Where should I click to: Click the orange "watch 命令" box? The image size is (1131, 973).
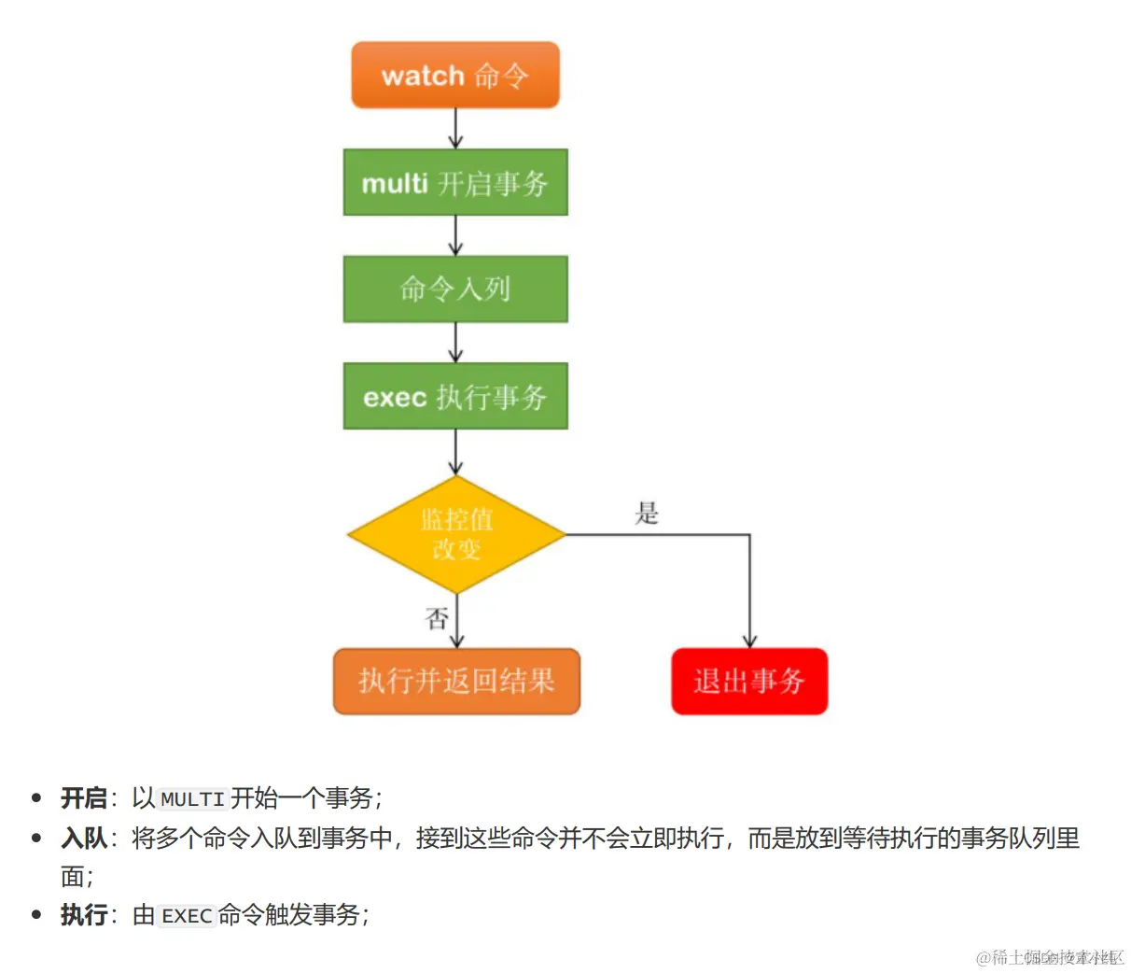455,75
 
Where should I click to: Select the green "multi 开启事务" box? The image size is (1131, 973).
455,182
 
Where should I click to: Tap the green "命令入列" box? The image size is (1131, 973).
455,289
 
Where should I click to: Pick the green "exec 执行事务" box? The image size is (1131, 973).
455,396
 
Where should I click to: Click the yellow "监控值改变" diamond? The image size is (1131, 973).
456,534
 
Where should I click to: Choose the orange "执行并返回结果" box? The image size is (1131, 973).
456,681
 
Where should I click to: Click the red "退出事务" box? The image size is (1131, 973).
749,681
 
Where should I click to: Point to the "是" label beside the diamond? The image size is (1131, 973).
647,513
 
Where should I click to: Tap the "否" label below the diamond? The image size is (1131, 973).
437,618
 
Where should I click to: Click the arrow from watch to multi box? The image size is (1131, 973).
455,129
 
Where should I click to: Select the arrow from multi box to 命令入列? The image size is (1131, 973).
455,235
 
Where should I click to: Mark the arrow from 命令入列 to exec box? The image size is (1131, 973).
455,343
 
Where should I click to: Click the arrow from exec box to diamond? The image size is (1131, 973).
455,452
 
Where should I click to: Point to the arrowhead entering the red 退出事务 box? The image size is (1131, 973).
749,641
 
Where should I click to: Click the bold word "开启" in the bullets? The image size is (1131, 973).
84,798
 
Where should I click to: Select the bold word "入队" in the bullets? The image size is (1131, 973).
84,839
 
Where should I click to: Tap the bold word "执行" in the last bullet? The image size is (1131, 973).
84,915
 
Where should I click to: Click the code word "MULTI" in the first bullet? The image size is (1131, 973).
192,799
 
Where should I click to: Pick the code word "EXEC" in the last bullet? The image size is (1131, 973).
187,916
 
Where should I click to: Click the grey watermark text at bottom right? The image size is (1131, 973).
1049,957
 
